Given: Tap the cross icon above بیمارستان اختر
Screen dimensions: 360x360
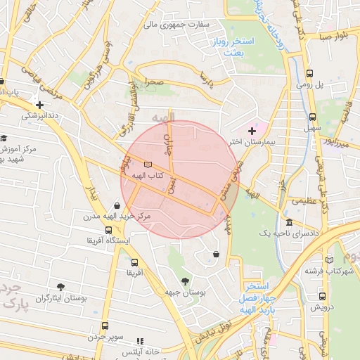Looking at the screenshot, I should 252,131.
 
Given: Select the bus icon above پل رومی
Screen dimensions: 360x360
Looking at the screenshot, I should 310,73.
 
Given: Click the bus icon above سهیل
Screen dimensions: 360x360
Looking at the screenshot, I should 310,117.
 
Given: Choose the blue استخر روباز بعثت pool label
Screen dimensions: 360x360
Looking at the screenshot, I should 235,47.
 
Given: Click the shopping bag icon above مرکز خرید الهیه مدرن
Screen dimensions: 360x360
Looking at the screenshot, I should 116,205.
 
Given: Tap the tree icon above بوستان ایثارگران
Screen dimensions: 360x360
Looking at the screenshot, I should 60,286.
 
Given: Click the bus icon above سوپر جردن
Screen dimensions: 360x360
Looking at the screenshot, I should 105,326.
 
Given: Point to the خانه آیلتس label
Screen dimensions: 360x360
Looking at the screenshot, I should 141,350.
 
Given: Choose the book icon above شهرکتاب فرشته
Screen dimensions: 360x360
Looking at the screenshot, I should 330,259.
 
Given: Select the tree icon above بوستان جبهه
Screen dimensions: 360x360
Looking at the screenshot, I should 185,281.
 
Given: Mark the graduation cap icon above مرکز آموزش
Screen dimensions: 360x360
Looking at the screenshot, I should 4,139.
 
